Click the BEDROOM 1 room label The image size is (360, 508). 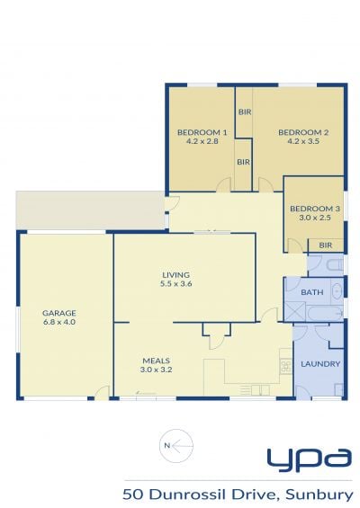pos(202,132)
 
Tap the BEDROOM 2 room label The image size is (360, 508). pos(303,132)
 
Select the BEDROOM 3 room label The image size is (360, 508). pos(315,209)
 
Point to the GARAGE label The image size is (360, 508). pos(59,313)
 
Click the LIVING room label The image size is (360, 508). pos(175,275)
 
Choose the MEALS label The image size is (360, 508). pos(157,361)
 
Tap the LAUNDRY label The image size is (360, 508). pos(320,364)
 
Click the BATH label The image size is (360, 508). pos(312,292)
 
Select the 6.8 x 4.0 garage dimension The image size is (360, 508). pos(59,322)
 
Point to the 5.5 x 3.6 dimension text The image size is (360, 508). pos(175,284)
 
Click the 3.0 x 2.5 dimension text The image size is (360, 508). pos(315,218)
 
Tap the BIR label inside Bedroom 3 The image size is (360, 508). pos(325,245)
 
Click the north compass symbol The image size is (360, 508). pos(176,446)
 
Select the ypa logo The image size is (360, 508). pos(309,460)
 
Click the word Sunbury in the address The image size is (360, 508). pos(319,495)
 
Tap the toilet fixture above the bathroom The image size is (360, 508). pos(335,265)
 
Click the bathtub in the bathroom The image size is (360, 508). pos(324,314)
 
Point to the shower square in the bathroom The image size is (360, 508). pos(295,311)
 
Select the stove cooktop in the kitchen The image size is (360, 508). pos(285,367)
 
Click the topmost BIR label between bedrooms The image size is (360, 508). pos(245,112)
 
